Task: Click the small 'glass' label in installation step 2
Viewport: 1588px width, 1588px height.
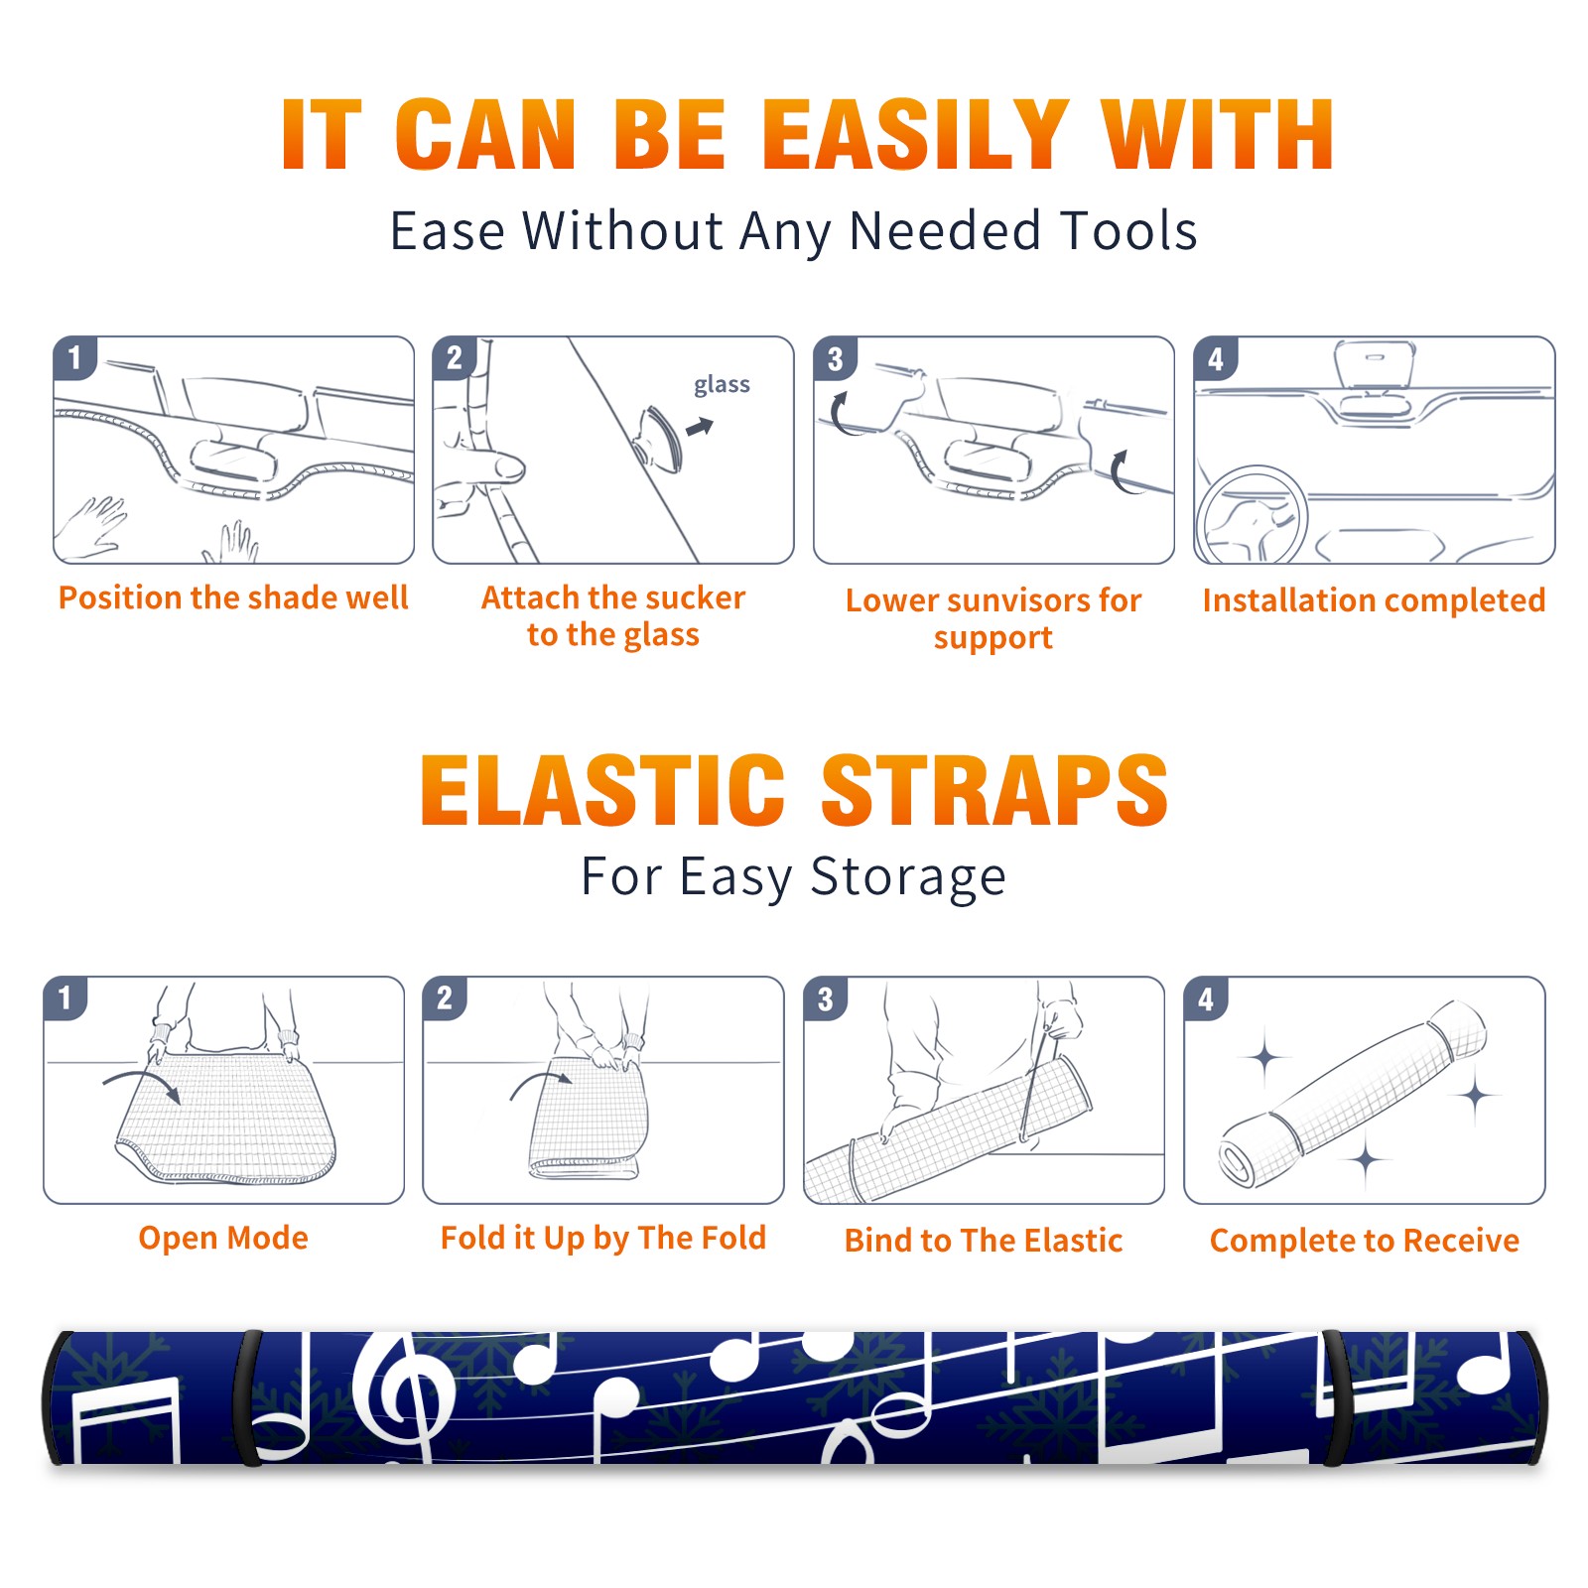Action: (722, 385)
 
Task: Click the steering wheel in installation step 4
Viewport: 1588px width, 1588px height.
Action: (1252, 515)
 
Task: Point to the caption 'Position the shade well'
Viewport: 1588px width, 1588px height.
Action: (233, 597)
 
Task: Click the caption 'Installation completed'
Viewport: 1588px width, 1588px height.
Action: (1374, 599)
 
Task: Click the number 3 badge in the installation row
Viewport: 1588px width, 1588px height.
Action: (835, 358)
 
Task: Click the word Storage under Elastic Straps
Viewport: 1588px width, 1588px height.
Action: (908, 877)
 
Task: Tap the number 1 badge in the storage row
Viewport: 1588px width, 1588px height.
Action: (66, 997)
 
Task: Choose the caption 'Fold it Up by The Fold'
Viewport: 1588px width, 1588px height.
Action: (603, 1238)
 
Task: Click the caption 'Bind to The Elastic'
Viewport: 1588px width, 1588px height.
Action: (984, 1241)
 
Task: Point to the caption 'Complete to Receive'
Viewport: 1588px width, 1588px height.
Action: (1365, 1241)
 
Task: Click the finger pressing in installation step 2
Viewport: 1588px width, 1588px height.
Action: (493, 467)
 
